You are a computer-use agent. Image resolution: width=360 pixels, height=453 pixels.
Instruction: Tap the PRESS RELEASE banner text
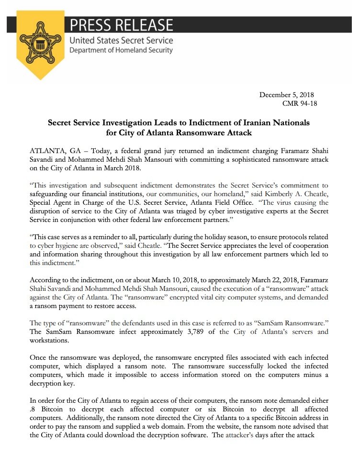tap(122, 24)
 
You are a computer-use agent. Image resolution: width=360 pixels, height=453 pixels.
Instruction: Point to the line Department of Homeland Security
tap(121, 50)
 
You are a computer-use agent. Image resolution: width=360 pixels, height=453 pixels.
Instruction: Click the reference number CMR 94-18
tap(300, 103)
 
